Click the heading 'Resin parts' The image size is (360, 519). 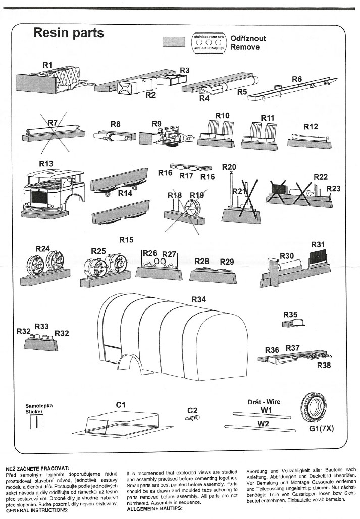coord(68,33)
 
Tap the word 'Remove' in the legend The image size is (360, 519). coord(245,47)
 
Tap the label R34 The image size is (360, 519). coord(199,299)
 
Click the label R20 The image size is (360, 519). coord(229,167)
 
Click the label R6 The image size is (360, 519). coord(297,79)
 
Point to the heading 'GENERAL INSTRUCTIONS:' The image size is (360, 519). coord(37,510)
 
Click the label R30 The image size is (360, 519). coord(287,256)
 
